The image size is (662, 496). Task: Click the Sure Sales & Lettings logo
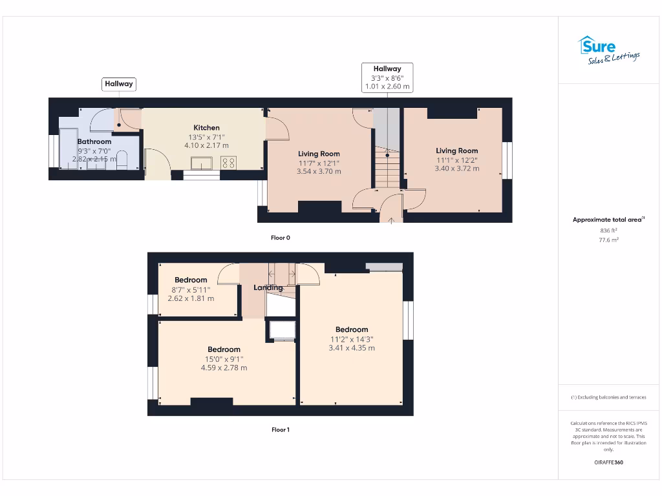pyautogui.click(x=608, y=50)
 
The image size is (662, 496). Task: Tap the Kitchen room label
pyautogui.click(x=206, y=128)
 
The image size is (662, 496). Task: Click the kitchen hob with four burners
pyautogui.click(x=228, y=163)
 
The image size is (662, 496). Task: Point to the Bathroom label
pyautogui.click(x=94, y=141)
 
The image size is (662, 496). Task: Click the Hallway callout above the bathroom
pyautogui.click(x=119, y=84)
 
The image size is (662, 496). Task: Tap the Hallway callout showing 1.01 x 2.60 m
pyautogui.click(x=387, y=77)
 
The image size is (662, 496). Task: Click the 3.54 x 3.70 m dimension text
pyautogui.click(x=319, y=172)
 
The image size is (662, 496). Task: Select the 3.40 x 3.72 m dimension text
pyautogui.click(x=457, y=169)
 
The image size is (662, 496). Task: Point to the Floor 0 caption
pyautogui.click(x=280, y=238)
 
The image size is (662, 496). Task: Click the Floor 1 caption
pyautogui.click(x=280, y=429)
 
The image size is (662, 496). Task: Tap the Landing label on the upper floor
pyautogui.click(x=268, y=287)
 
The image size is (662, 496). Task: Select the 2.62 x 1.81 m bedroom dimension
pyautogui.click(x=191, y=299)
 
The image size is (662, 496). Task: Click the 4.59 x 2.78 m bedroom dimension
pyautogui.click(x=224, y=368)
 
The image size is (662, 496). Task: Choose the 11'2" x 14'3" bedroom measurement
pyautogui.click(x=352, y=339)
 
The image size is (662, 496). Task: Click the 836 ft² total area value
pyautogui.click(x=608, y=230)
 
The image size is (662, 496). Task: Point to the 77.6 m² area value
pyautogui.click(x=608, y=240)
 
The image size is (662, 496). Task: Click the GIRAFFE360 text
pyautogui.click(x=608, y=462)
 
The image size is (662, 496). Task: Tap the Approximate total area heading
pyautogui.click(x=608, y=220)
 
